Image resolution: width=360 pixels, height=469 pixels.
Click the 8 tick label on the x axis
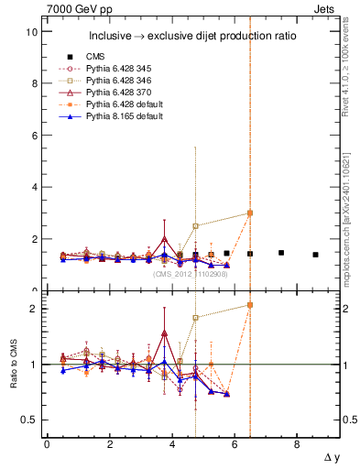click(296, 444)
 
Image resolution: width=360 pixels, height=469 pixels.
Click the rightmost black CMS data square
click(315, 255)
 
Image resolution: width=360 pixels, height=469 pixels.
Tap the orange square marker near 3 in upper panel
click(250, 213)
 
